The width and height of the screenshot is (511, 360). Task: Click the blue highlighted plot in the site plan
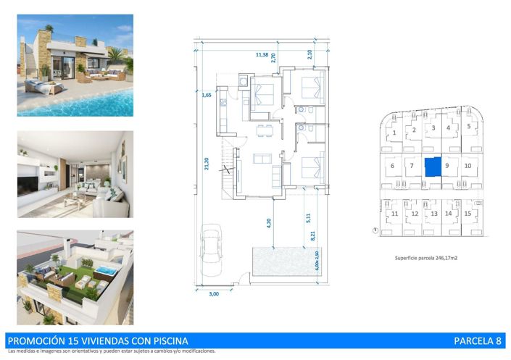(431, 167)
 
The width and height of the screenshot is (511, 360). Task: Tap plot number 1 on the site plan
(394, 133)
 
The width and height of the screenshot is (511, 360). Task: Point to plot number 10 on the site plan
(468, 166)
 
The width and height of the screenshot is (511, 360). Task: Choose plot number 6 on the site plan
(392, 166)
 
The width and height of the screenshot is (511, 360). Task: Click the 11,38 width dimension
(261, 54)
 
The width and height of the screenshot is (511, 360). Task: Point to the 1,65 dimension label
(207, 95)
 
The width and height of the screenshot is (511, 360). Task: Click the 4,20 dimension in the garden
(268, 223)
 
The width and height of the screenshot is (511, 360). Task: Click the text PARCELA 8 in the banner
(477, 340)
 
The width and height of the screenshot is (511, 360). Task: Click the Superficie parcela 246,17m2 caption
(430, 258)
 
